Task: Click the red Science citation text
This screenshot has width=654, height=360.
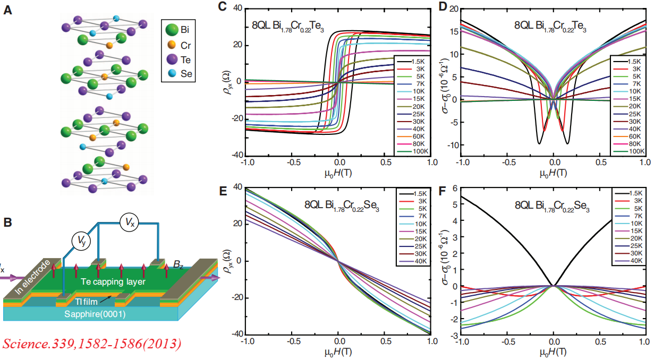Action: click(91, 344)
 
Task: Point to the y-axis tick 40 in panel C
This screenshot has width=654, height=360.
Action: click(236, 9)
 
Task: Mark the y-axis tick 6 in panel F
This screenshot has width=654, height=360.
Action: click(456, 188)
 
